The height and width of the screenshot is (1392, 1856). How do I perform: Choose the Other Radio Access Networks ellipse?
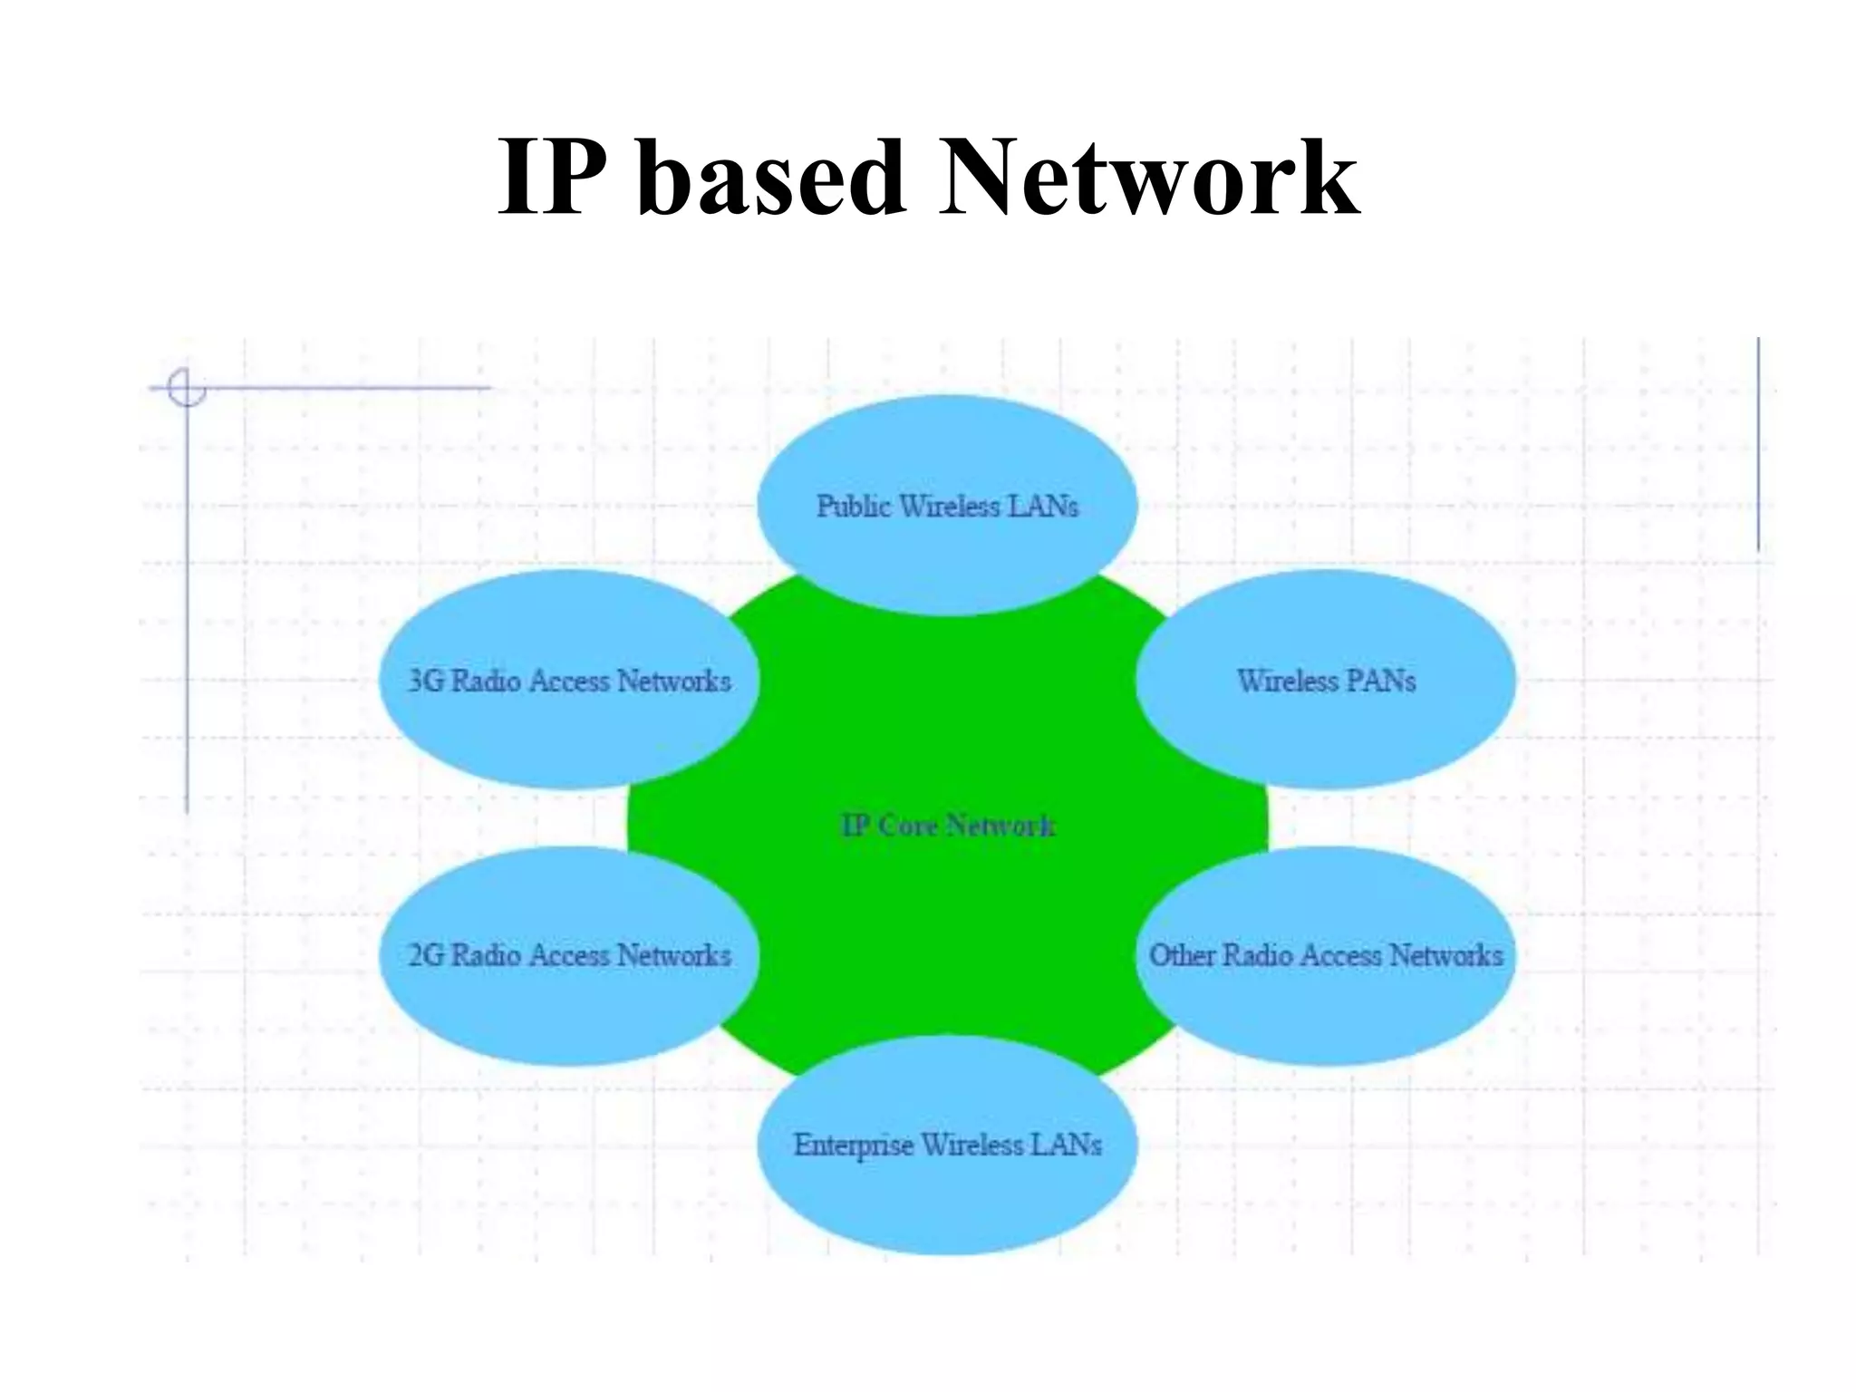(1325, 997)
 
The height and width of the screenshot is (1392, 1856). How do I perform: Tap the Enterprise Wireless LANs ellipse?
(947, 1187)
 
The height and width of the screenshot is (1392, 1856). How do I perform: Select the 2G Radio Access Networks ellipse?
(568, 997)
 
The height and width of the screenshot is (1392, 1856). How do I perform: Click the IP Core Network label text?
(947, 826)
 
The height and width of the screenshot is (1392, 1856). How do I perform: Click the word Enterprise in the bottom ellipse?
(854, 1145)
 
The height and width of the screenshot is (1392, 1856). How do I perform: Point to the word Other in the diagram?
(1182, 955)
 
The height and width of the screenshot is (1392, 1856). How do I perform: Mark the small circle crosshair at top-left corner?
(187, 388)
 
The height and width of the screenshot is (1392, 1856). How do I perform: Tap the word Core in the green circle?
(908, 826)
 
